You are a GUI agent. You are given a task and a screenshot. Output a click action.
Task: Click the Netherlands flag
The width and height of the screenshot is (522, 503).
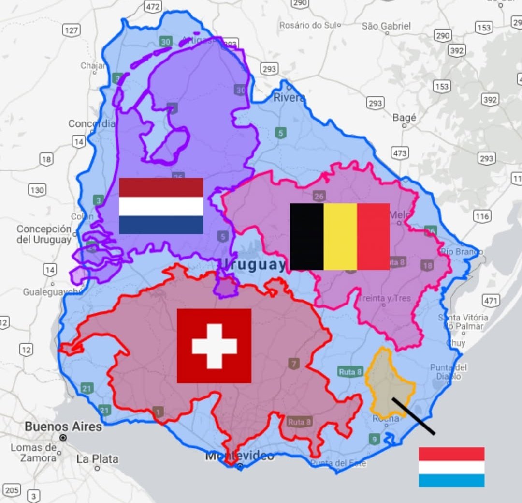(x=161, y=206)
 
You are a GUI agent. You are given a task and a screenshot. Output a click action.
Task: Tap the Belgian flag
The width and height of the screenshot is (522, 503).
(x=340, y=236)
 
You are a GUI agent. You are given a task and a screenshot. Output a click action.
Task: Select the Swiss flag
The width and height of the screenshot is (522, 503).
(x=214, y=346)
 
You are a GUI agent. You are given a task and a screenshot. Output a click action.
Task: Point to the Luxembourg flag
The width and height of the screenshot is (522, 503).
(x=451, y=467)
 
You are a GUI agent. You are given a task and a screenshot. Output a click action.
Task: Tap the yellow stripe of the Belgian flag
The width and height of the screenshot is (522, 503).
(x=340, y=236)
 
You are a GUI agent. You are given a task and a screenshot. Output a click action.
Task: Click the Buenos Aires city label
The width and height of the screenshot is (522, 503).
(x=63, y=427)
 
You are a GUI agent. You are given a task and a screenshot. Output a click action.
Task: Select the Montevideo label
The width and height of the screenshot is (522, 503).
(x=240, y=456)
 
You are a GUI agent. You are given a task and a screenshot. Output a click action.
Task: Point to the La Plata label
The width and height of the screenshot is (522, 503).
(x=97, y=459)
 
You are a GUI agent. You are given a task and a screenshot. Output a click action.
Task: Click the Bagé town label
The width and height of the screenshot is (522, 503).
(x=405, y=118)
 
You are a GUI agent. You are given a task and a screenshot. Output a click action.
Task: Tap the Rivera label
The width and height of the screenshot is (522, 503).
(x=289, y=97)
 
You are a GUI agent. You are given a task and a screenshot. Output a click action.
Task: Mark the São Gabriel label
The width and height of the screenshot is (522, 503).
(x=386, y=26)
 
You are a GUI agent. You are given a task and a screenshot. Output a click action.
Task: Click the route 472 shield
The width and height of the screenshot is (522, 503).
(x=152, y=6)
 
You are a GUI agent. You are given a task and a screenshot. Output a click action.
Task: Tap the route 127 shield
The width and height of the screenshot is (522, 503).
(x=71, y=30)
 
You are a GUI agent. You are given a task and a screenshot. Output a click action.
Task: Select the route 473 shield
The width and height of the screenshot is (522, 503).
(x=400, y=153)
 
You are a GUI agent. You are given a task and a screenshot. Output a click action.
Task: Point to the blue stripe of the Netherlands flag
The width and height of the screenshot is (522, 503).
(x=161, y=225)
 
